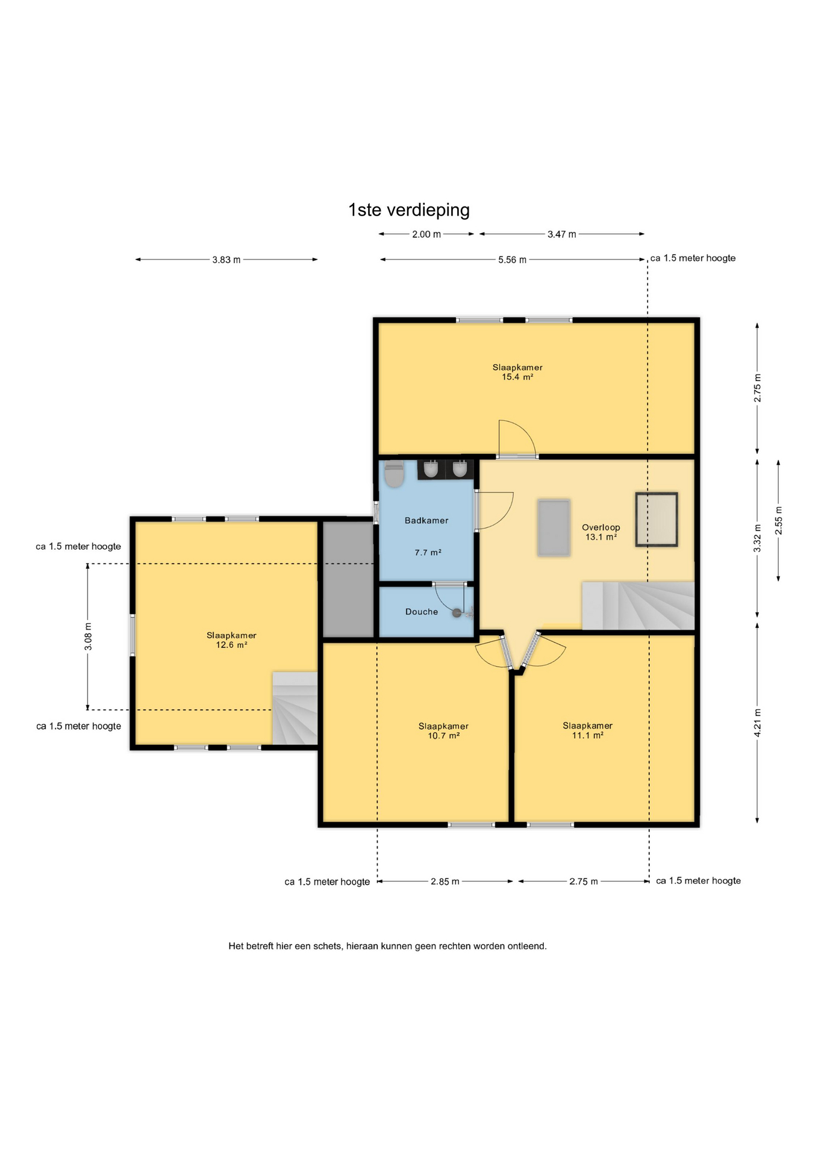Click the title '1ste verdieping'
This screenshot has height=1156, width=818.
point(409,210)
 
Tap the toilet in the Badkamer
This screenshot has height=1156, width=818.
point(394,474)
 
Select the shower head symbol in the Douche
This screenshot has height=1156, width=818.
point(457,613)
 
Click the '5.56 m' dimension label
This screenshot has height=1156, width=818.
point(512,260)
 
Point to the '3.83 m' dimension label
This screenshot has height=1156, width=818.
point(226,260)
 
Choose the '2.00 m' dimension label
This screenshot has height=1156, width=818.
point(426,234)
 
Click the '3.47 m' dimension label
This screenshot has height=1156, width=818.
point(561,234)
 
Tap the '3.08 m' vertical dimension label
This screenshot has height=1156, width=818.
point(88,637)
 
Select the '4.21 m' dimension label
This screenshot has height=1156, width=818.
point(757,721)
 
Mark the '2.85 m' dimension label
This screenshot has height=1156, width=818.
point(445,881)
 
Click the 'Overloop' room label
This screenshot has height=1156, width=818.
point(601,527)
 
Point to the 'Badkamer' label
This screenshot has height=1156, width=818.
point(426,521)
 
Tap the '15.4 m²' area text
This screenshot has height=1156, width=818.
point(517,378)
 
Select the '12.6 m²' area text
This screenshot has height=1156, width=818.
point(231,645)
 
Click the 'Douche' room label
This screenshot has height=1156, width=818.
point(422,612)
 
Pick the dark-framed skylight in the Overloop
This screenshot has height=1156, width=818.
point(657,520)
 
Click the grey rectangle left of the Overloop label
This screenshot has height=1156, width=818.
point(554,527)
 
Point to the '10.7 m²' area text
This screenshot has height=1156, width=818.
point(443,736)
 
